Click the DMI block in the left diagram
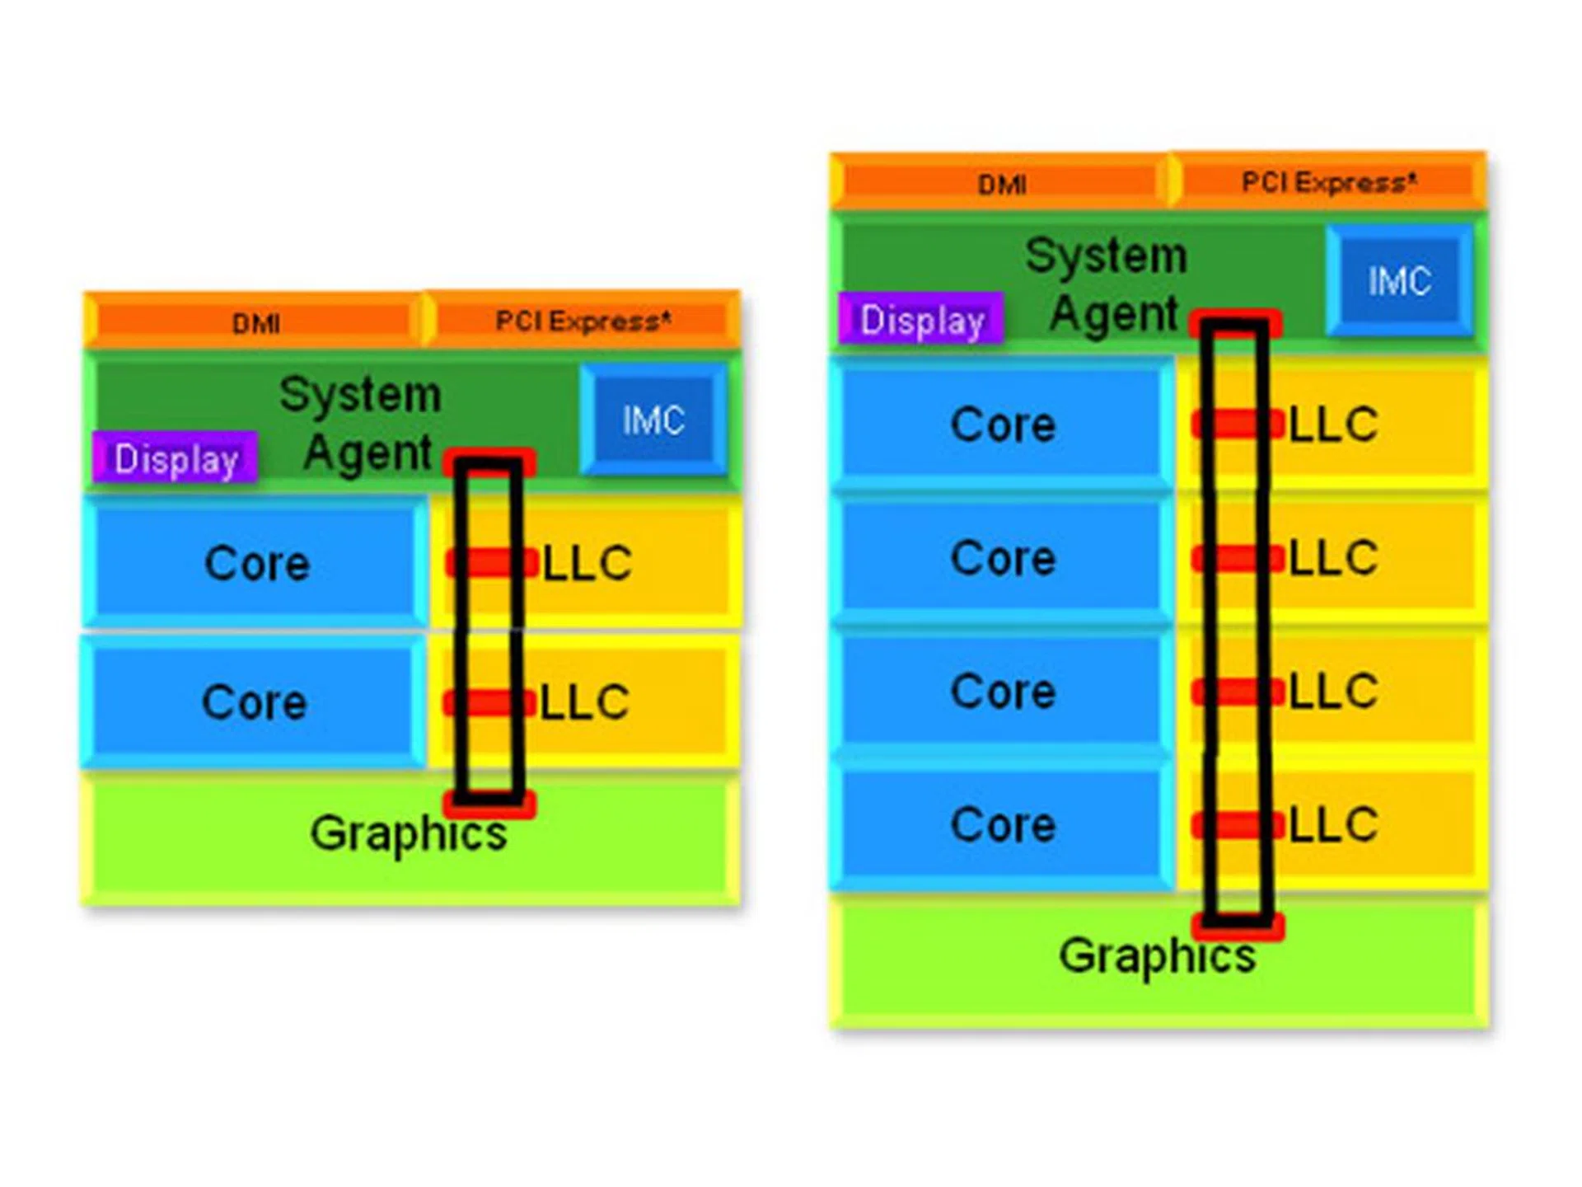pyautogui.click(x=255, y=322)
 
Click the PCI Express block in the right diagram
pyautogui.click(x=1328, y=182)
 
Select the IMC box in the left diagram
pyautogui.click(x=653, y=420)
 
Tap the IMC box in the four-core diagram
pyautogui.click(x=1399, y=281)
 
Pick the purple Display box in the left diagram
pyautogui.click(x=176, y=458)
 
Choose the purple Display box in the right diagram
pyautogui.click(x=921, y=320)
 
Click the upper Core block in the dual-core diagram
pyautogui.click(x=256, y=564)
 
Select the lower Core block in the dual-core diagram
pyautogui.click(x=254, y=702)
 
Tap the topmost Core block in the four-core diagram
pyautogui.click(x=1002, y=425)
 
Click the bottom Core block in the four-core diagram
pyautogui.click(x=1002, y=825)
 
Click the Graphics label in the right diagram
pyautogui.click(x=1157, y=956)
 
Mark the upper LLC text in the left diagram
pyautogui.click(x=587, y=564)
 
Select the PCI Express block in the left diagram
pyautogui.click(x=583, y=321)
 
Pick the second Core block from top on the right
pyautogui.click(x=1002, y=559)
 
